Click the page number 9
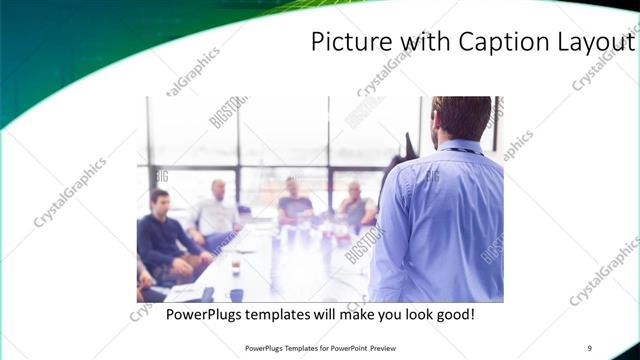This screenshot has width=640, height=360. tap(590, 349)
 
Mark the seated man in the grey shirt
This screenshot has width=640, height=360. tap(355, 205)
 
